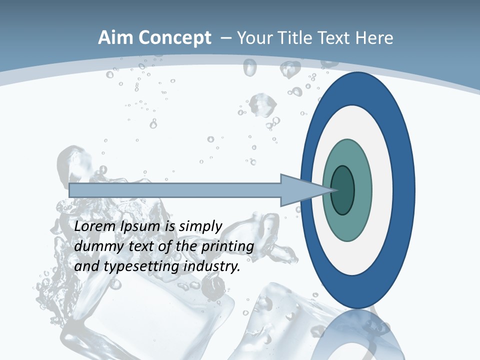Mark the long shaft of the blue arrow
(175, 190)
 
